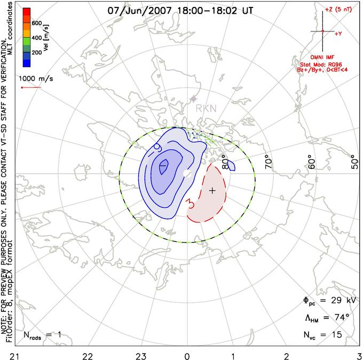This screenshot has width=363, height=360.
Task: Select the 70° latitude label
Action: pos(267,160)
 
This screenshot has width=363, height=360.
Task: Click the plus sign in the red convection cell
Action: pos(212,190)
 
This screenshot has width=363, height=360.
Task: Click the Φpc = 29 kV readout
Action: pos(327,301)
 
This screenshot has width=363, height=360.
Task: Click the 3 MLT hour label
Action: pos(358,354)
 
